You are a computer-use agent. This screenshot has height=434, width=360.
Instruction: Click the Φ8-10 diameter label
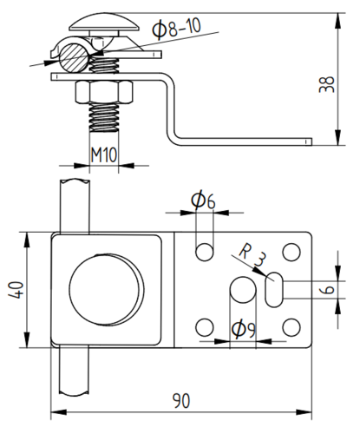click(x=176, y=29)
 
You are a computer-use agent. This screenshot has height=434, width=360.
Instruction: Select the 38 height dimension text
click(x=327, y=84)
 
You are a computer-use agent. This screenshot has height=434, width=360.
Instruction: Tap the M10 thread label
click(x=103, y=155)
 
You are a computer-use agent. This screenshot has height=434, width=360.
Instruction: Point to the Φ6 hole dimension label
click(x=203, y=200)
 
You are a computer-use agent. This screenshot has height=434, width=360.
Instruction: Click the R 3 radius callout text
click(x=252, y=254)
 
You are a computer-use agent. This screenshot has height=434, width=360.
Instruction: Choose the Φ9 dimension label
click(x=244, y=329)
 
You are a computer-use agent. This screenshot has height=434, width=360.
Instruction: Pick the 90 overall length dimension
click(x=181, y=401)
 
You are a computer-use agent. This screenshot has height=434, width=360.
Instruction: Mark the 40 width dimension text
click(x=16, y=290)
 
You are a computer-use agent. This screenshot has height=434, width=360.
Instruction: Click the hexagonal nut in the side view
click(x=105, y=92)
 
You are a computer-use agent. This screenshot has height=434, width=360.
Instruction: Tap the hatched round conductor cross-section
click(x=74, y=57)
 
